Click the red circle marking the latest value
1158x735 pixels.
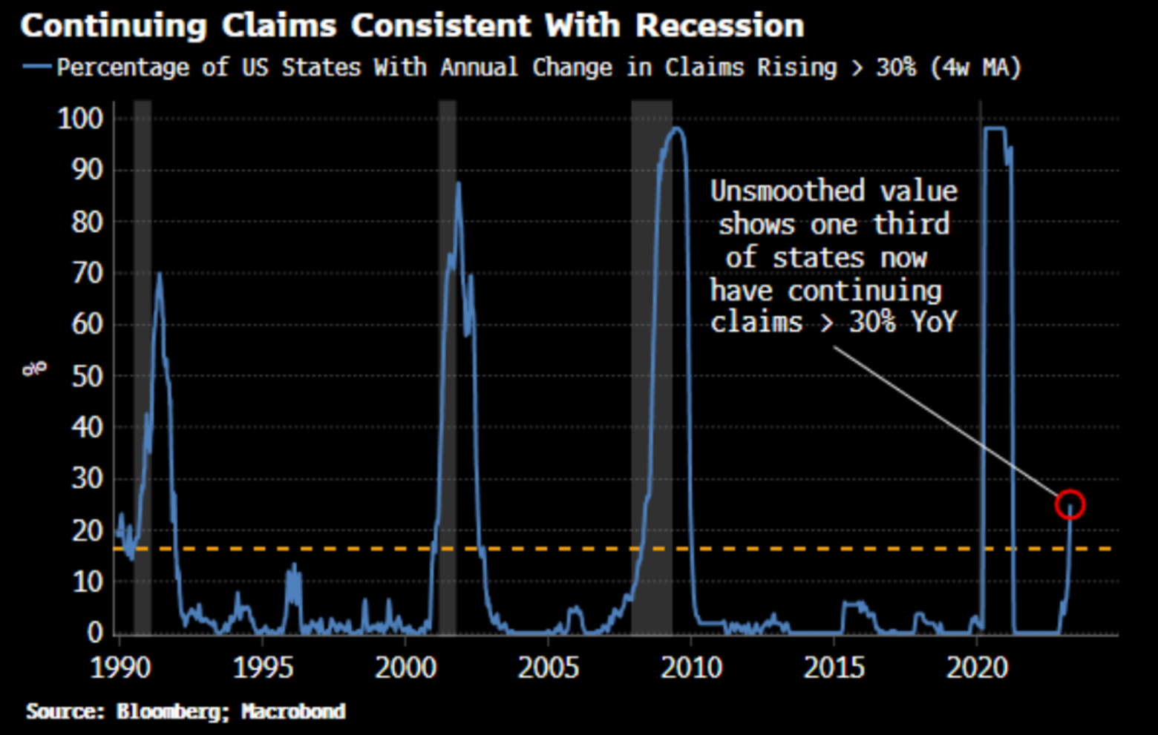tap(1070, 505)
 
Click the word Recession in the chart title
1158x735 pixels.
tap(719, 26)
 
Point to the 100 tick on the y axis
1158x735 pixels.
tap(80, 119)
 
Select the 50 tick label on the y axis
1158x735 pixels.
tap(87, 376)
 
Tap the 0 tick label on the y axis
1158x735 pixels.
tap(95, 633)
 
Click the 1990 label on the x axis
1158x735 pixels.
tap(120, 668)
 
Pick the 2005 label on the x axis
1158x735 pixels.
tap(548, 668)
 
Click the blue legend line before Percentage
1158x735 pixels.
tap(36, 67)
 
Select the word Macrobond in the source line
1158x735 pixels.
tap(293, 711)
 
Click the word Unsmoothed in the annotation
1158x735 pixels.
tap(788, 191)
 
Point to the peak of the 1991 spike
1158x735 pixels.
tap(158, 274)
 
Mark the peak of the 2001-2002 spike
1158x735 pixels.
tap(458, 183)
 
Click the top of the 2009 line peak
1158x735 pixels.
tap(676, 128)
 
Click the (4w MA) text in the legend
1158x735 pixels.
tap(975, 67)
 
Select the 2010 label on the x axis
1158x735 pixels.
tap(691, 668)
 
